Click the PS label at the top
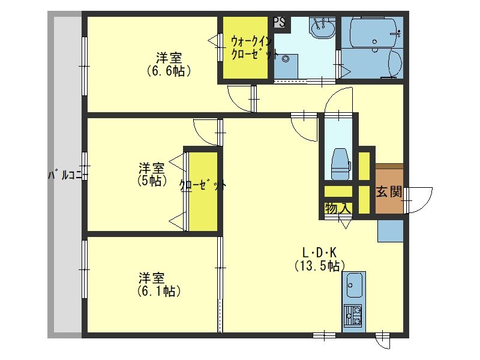point(279,22)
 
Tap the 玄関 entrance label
point(388,192)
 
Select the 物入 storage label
point(337,208)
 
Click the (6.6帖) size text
point(169,71)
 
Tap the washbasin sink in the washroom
point(323,27)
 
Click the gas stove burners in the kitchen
point(353,316)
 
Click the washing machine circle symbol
point(286,59)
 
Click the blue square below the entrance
point(390,230)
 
